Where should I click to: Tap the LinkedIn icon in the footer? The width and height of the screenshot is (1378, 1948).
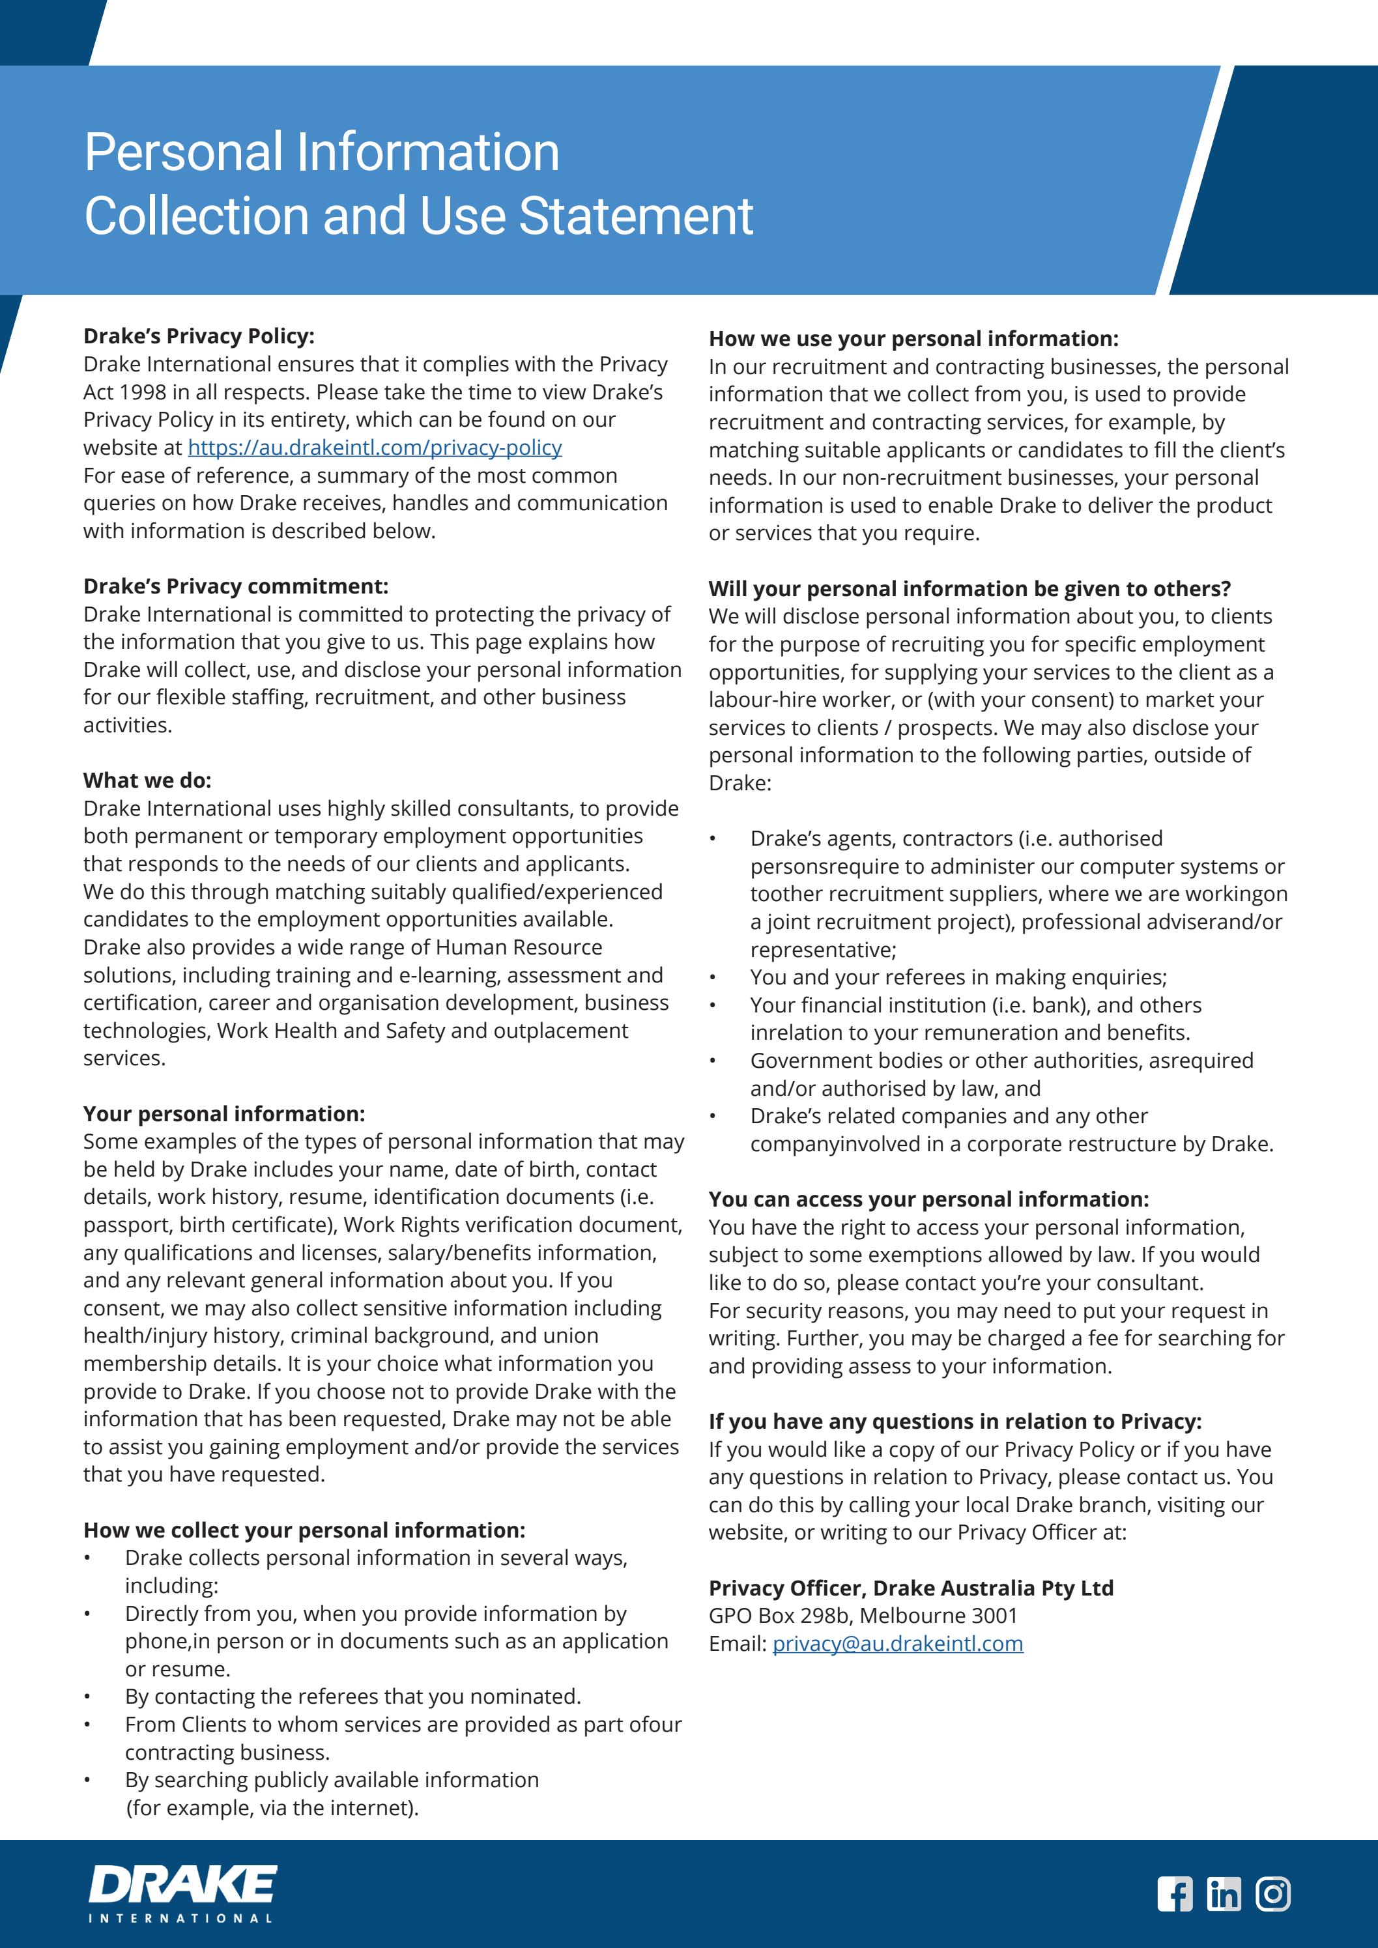1224,1894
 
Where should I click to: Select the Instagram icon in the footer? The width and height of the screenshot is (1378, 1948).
1273,1894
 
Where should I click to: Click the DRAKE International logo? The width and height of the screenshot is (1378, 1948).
182,1892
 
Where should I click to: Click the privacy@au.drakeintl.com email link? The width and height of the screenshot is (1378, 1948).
897,1643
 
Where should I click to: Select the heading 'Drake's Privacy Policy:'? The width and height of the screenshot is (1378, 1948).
199,336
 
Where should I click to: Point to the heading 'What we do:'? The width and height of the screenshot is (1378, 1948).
147,781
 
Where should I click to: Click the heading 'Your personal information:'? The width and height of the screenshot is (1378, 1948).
224,1114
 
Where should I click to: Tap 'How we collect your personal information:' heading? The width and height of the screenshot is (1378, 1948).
304,1530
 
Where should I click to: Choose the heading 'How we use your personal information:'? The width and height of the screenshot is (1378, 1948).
913,339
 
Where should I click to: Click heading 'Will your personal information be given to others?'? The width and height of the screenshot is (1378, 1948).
969,589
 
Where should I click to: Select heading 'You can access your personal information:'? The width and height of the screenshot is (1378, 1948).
928,1199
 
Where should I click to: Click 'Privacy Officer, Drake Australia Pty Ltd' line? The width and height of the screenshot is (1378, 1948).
910,1588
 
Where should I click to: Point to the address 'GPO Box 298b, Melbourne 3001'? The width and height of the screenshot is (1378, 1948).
862,1616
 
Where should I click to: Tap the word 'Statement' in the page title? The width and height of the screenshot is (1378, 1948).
635,216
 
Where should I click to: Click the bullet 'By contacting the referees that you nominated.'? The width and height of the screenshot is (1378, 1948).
352,1696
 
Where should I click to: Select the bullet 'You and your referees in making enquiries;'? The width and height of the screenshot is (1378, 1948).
958,977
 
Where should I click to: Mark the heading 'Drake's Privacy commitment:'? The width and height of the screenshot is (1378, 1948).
235,586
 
